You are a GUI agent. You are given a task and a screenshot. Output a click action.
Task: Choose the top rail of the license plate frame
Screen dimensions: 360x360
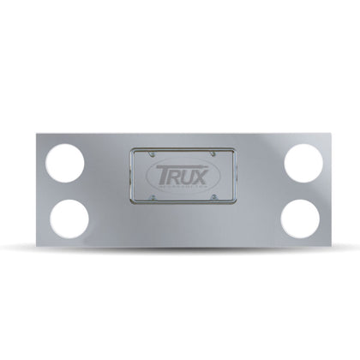tap(180, 150)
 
